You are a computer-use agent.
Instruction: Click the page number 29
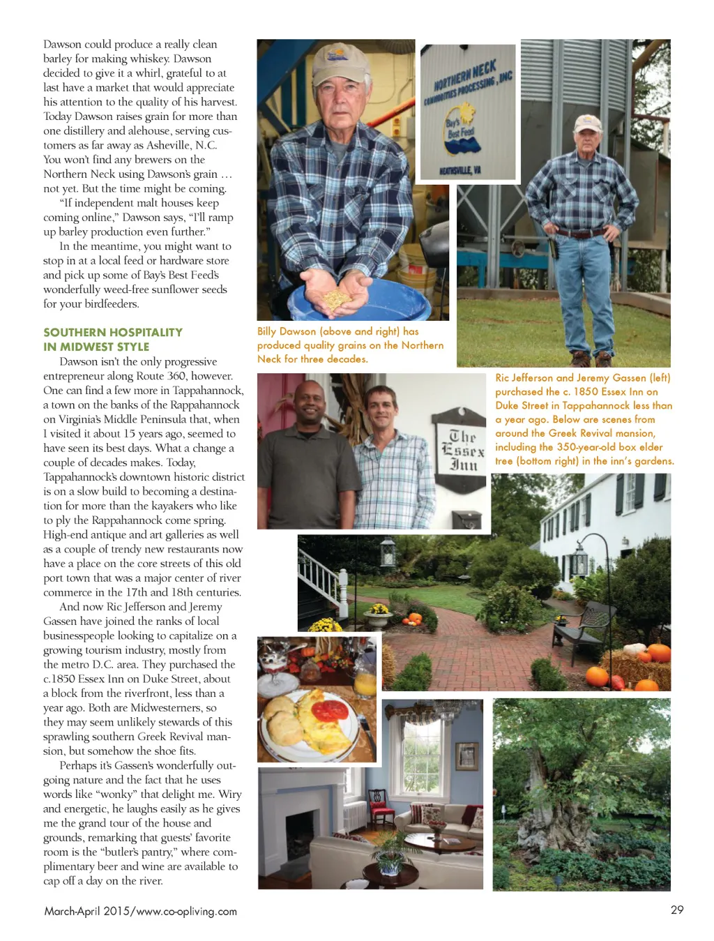point(676,910)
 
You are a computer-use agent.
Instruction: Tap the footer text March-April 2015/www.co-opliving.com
point(140,911)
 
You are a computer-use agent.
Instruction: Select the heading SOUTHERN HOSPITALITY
point(113,332)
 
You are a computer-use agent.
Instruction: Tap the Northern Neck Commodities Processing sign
point(468,112)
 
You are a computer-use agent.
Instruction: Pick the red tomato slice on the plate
point(328,710)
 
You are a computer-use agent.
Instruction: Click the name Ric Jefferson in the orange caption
point(524,377)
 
